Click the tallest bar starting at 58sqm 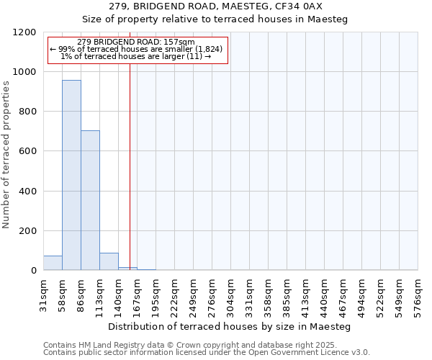(x=71, y=175)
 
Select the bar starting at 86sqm (x=90, y=200)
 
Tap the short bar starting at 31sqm (x=53, y=263)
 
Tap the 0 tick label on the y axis (x=33, y=271)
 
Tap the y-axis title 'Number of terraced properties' (x=7, y=154)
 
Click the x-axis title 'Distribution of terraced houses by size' (x=230, y=327)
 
